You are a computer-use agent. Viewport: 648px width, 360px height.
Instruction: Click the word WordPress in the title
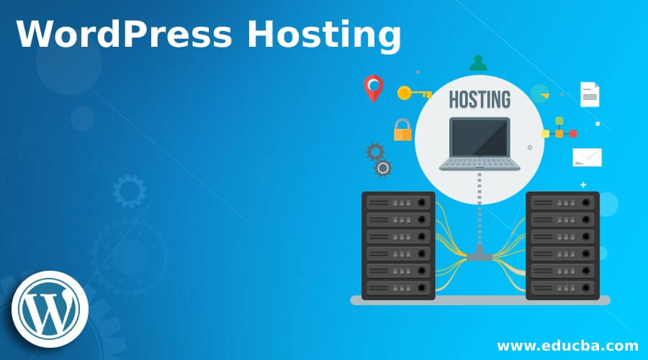(124, 34)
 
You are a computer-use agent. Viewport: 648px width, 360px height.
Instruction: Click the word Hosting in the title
(324, 37)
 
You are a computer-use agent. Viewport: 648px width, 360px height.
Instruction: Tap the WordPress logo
(50, 309)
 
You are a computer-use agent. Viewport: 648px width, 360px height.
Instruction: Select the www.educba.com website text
(567, 346)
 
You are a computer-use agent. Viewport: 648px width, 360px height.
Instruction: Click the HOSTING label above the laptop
(480, 99)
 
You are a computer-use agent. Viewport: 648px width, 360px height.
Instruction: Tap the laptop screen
(480, 138)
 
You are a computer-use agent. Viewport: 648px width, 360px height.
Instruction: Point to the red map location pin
(374, 89)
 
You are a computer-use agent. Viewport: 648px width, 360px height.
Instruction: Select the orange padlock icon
(402, 130)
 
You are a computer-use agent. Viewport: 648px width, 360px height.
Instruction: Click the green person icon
(478, 63)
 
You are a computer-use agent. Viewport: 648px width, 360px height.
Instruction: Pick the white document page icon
(590, 94)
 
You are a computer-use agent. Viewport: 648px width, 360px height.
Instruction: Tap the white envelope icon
(588, 158)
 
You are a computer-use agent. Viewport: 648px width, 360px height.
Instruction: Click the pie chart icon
(540, 94)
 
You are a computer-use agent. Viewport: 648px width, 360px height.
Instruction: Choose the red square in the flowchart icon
(573, 134)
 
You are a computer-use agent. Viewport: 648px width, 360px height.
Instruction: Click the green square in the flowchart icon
(559, 121)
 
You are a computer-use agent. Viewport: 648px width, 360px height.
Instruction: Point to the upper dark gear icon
(375, 152)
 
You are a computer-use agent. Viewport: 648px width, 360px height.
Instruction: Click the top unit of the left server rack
(398, 202)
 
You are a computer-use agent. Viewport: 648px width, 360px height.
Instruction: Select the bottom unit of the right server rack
(562, 287)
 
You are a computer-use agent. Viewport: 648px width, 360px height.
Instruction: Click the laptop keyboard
(480, 164)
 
